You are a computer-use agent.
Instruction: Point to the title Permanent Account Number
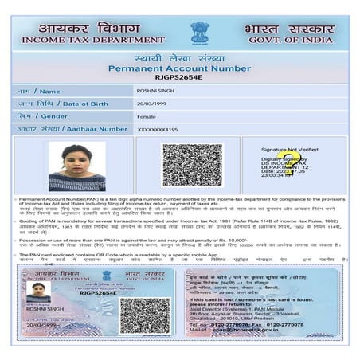click(x=179, y=69)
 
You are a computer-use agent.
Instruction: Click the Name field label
click(x=39, y=92)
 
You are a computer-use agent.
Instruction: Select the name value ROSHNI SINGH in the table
click(x=156, y=92)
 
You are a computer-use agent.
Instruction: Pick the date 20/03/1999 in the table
click(x=152, y=104)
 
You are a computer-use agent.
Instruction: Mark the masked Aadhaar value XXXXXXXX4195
click(x=158, y=128)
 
